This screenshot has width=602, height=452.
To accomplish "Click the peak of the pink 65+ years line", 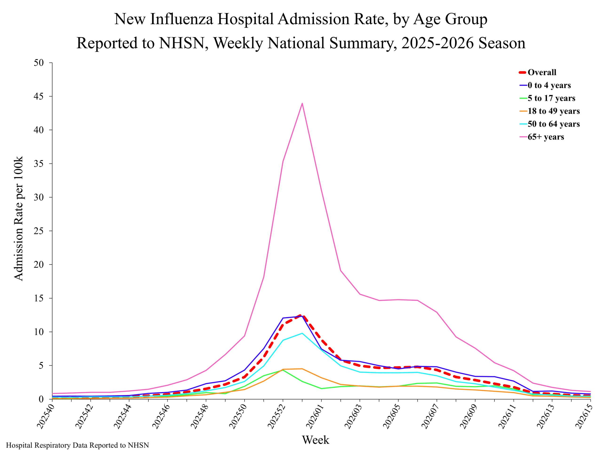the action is click(x=302, y=103).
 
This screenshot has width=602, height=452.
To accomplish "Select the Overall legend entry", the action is click(x=538, y=73).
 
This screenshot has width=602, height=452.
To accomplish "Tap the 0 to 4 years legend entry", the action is click(x=545, y=85).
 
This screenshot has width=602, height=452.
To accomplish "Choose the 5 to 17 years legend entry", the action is click(x=547, y=98).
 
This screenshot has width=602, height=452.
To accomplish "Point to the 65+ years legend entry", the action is click(x=542, y=137).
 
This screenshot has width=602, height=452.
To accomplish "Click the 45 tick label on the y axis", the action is click(x=39, y=97).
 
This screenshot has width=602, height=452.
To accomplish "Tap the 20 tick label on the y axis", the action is click(x=39, y=265).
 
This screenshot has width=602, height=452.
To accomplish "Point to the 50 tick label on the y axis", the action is click(x=39, y=63).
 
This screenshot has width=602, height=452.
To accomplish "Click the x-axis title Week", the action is click(x=315, y=440).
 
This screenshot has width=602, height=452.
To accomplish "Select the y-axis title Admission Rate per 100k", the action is click(x=19, y=218).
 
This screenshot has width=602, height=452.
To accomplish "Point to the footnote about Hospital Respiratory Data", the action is click(x=78, y=445).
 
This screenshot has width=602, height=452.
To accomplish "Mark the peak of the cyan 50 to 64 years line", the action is click(x=302, y=333).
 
